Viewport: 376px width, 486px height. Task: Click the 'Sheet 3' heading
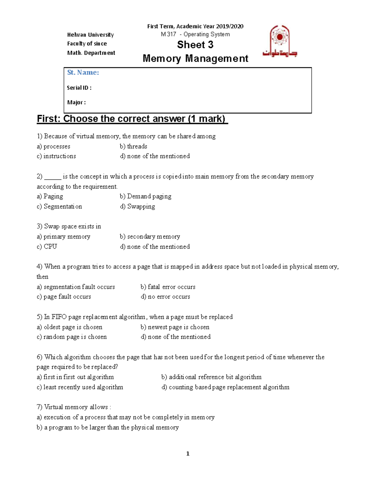click(195, 45)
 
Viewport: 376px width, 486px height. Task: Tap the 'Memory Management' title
click(195, 59)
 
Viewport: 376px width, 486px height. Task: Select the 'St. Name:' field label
click(83, 73)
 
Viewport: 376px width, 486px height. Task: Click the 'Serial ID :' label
click(79, 88)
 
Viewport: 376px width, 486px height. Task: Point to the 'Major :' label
click(76, 102)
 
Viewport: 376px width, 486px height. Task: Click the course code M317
click(168, 34)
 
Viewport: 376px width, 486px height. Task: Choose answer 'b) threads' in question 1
click(133, 146)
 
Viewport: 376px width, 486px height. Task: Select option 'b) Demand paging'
click(145, 197)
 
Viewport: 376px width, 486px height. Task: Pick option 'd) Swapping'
click(138, 207)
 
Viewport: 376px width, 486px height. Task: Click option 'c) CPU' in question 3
click(47, 247)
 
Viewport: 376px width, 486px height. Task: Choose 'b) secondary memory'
click(150, 237)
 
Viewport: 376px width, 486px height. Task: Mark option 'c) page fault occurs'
click(64, 297)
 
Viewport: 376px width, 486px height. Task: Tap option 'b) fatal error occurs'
click(168, 287)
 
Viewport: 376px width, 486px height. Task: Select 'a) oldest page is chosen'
click(70, 327)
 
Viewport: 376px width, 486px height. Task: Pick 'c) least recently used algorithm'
click(80, 387)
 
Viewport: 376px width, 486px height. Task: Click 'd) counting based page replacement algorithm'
click(225, 387)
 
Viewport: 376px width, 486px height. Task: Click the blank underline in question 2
click(53, 177)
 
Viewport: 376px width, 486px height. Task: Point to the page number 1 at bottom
click(188, 453)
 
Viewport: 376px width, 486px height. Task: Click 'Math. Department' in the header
click(91, 53)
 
